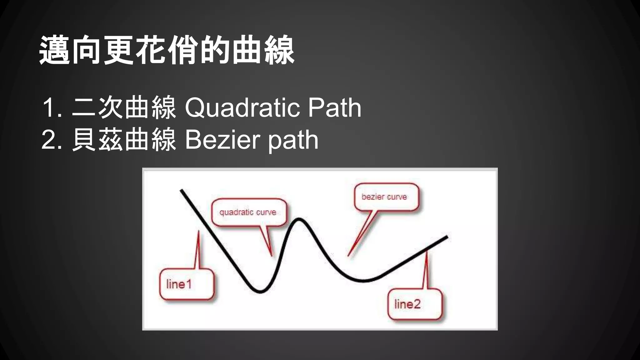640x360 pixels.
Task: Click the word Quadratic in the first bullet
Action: coord(242,108)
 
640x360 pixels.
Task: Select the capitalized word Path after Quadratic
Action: coord(334,108)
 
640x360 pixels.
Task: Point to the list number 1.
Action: coord(50,108)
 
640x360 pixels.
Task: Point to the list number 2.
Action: coord(50,140)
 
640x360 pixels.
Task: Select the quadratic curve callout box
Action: coord(249,212)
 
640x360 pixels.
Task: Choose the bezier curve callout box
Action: coord(386,197)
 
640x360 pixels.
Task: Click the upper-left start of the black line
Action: coord(182,190)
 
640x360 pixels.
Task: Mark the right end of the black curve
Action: coord(447,237)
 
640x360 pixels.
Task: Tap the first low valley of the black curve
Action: coord(260,292)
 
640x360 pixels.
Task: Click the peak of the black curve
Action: coord(299,219)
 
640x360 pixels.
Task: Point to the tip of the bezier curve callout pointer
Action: coord(348,256)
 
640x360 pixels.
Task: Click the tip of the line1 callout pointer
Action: coord(199,232)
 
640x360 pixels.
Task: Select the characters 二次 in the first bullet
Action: coord(97,108)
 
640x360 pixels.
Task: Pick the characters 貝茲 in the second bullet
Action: coord(97,140)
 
